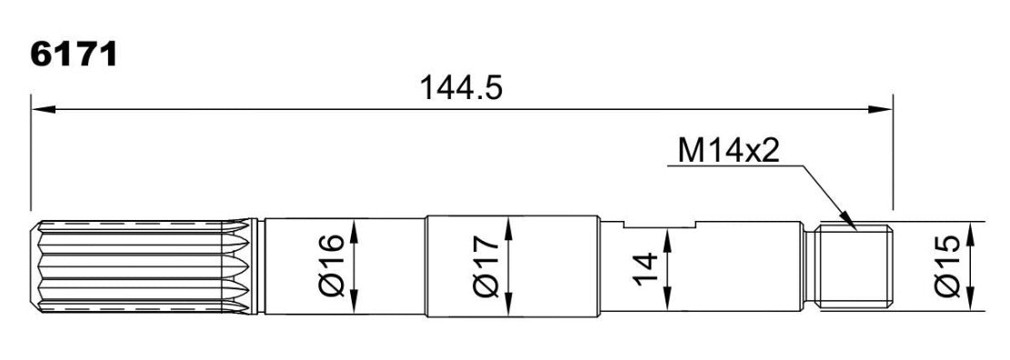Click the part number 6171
[x=74, y=56]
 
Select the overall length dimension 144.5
[x=461, y=88]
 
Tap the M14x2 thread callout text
[x=728, y=152]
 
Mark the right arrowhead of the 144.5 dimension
[x=880, y=109]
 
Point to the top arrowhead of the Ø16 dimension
[x=354, y=230]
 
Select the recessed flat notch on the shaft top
[x=661, y=224]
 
